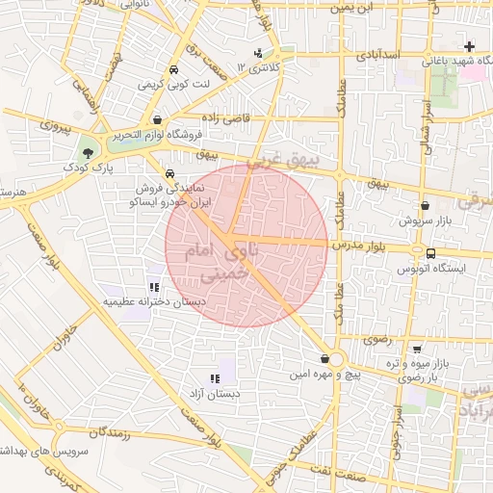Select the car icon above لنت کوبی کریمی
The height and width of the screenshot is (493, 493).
click(172, 71)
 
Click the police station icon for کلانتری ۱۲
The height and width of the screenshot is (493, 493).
click(257, 53)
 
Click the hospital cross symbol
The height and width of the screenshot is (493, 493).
click(469, 46)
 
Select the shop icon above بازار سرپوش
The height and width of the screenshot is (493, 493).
click(426, 205)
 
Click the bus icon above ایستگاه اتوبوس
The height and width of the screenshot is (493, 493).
click(430, 253)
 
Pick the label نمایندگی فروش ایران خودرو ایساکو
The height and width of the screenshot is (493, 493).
click(174, 197)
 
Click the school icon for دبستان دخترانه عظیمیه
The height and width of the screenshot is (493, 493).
click(153, 287)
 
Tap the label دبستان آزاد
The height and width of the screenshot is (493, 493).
click(215, 395)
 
